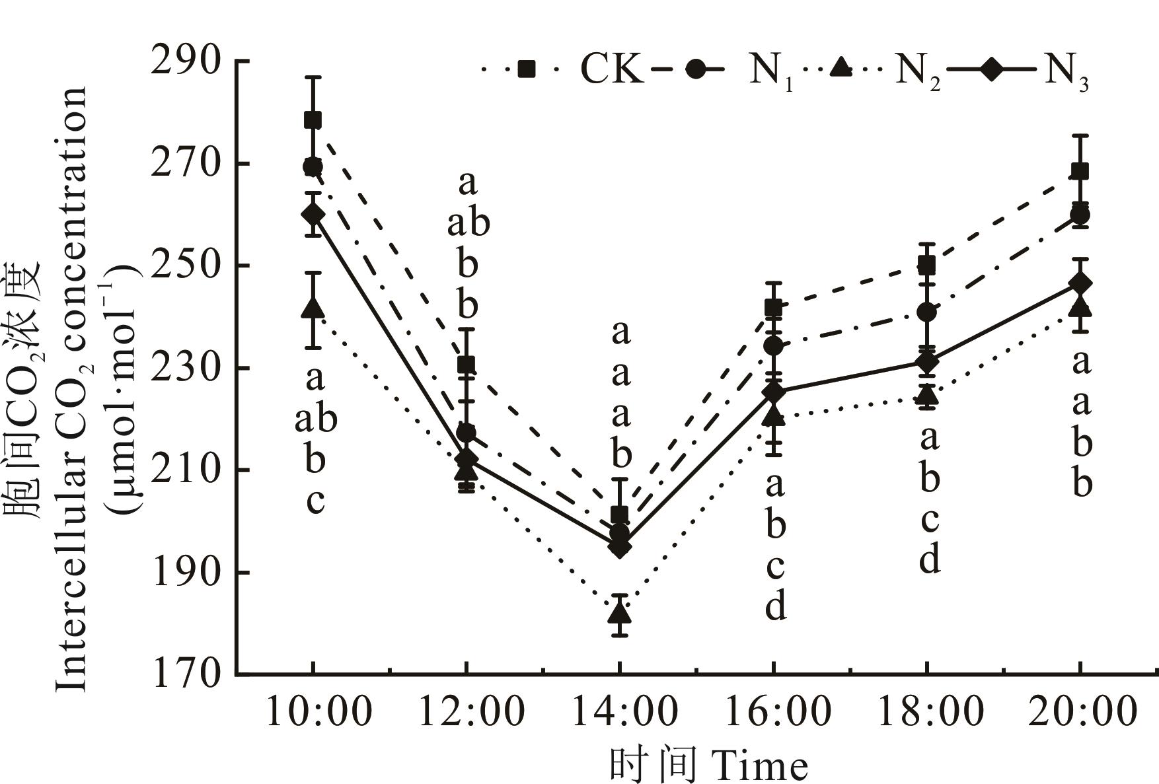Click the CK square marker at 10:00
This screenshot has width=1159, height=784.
[313, 120]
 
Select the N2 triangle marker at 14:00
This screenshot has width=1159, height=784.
[620, 612]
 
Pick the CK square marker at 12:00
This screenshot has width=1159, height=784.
[467, 364]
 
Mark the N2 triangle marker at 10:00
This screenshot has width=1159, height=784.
[313, 307]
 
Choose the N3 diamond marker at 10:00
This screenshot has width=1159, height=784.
[313, 213]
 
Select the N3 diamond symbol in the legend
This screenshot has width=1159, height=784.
[992, 69]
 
